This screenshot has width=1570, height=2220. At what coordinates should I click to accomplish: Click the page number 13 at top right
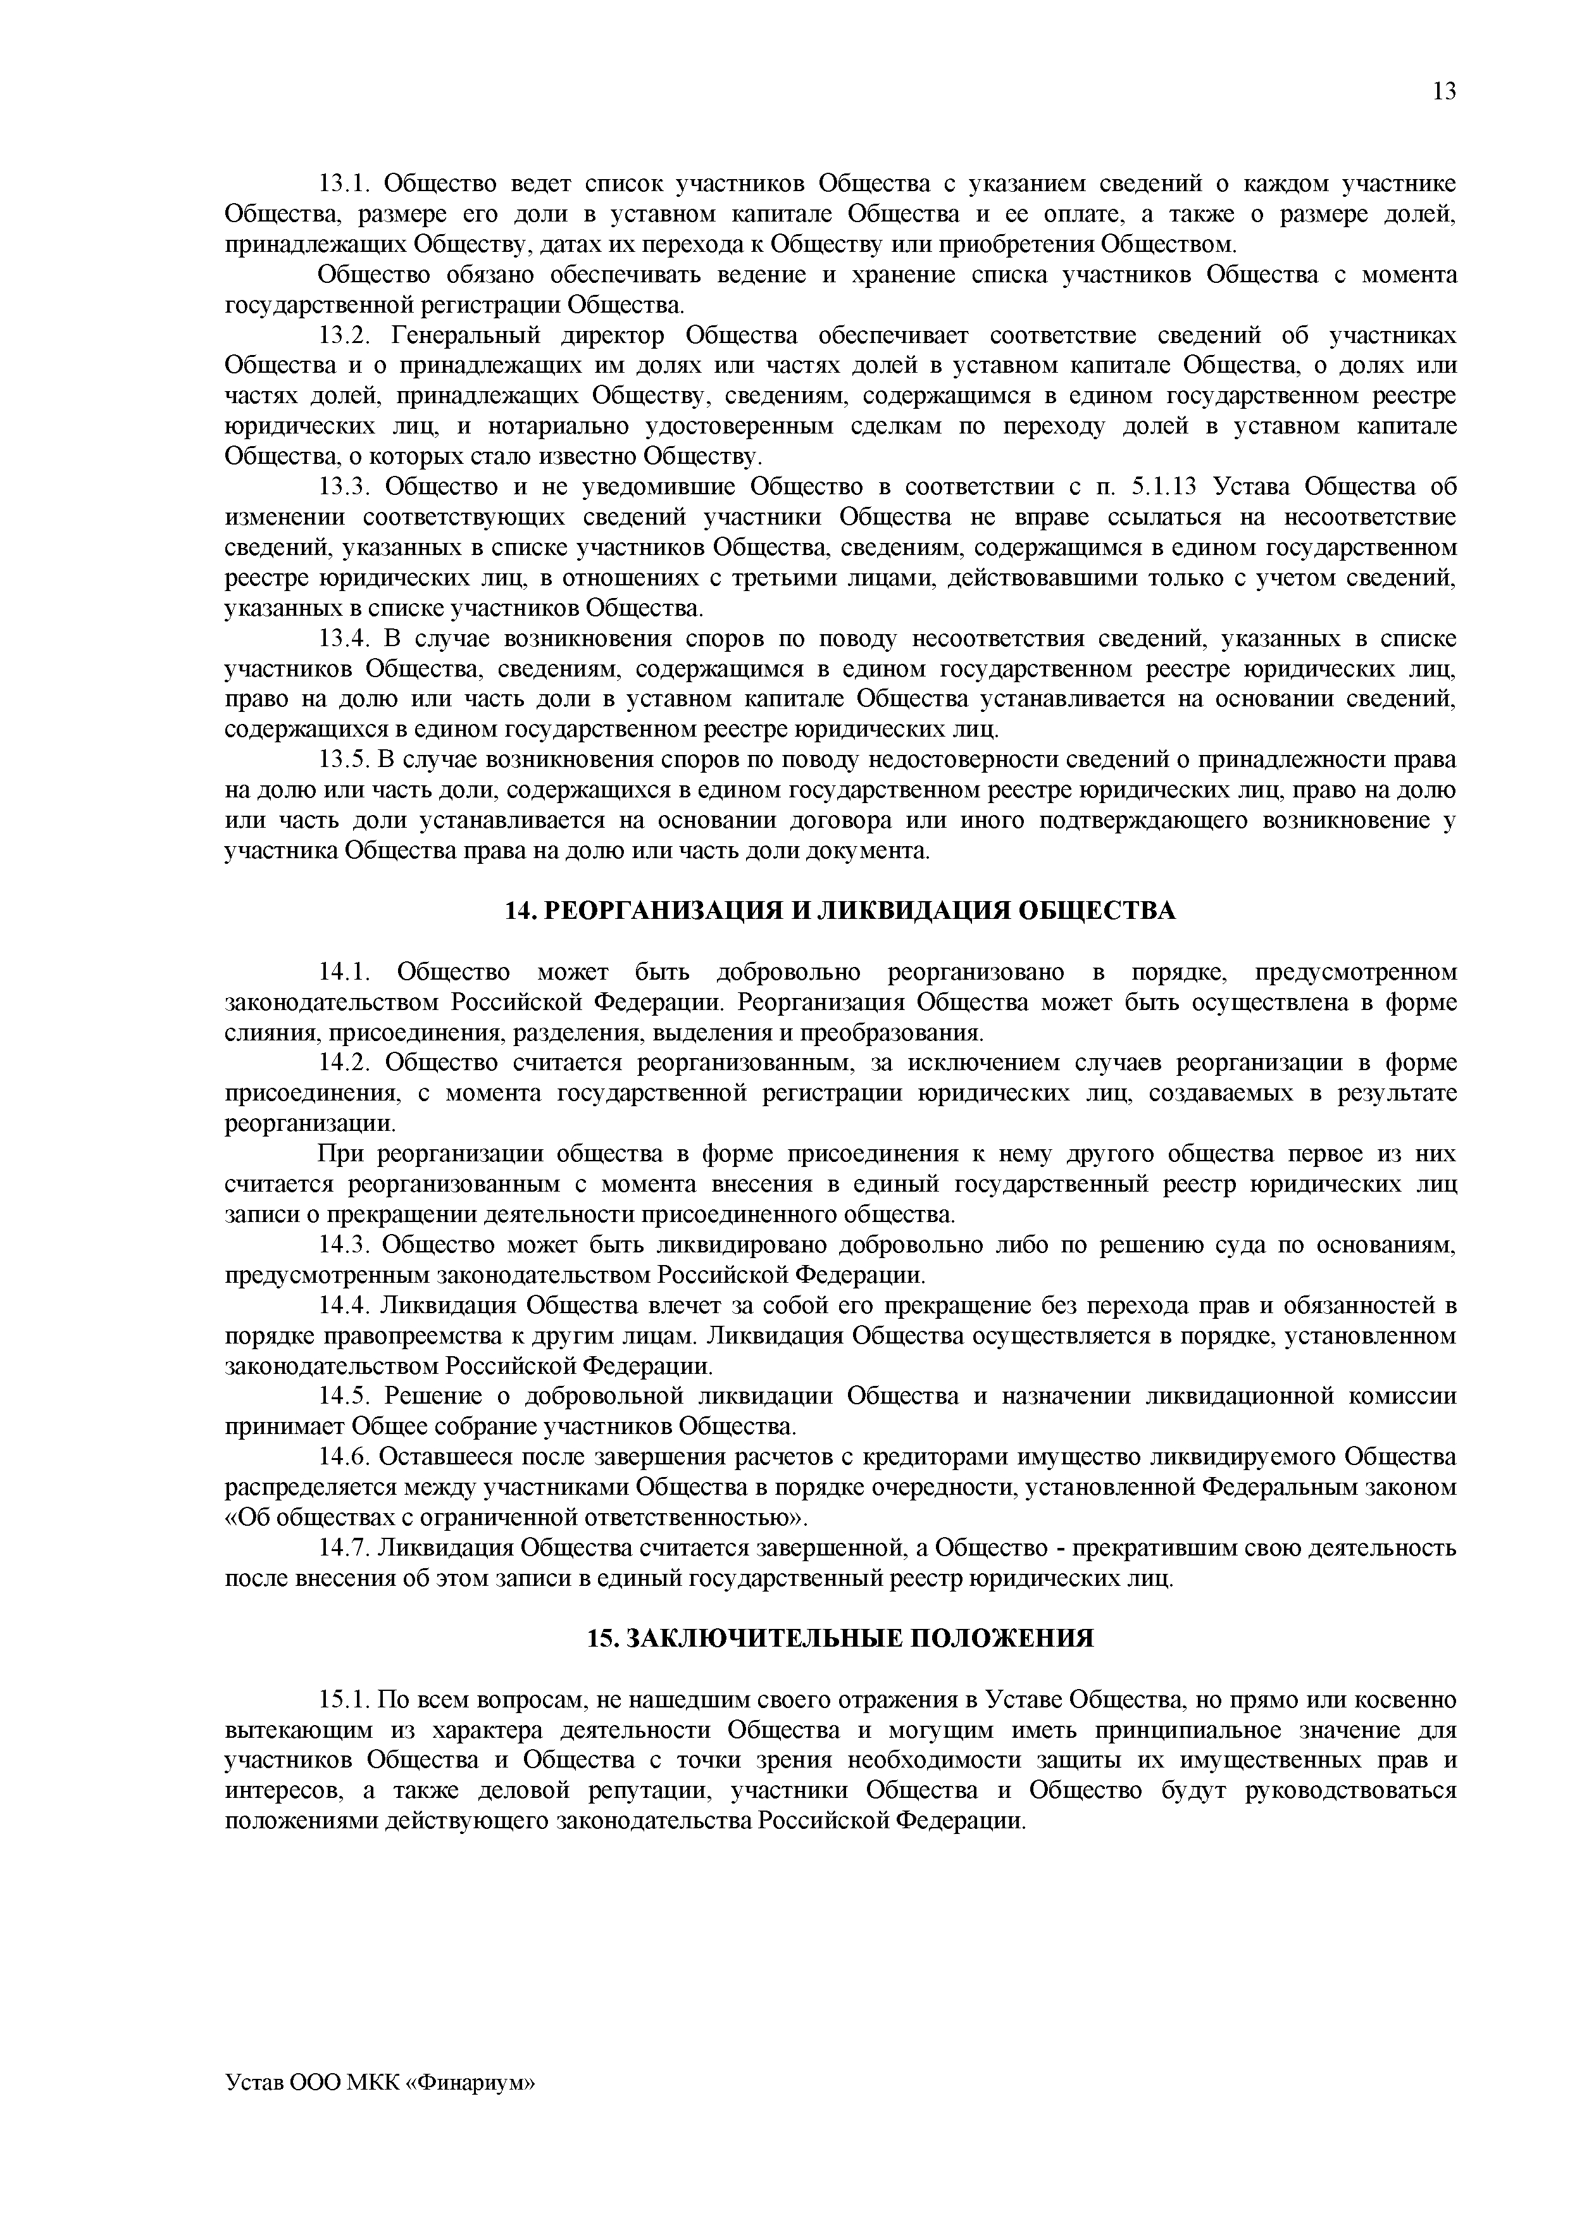1443,92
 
